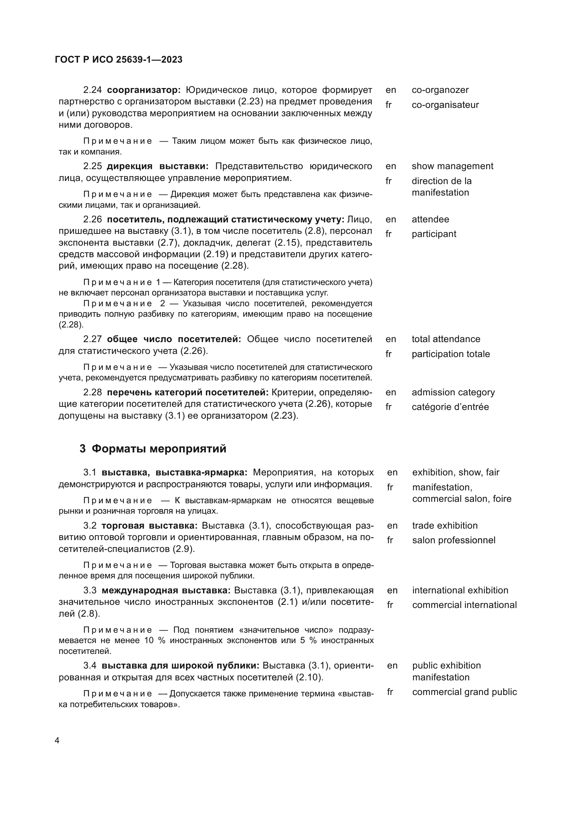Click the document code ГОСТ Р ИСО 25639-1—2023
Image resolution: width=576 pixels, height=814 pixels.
tap(119, 60)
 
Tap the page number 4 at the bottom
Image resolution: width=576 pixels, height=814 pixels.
tap(57, 740)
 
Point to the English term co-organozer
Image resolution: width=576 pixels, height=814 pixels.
tap(440, 90)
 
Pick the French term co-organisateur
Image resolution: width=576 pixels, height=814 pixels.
tap(445, 105)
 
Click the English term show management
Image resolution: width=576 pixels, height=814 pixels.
tap(452, 166)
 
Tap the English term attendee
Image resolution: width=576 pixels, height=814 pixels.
tap(430, 220)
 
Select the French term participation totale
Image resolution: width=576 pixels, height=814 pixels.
tap(450, 354)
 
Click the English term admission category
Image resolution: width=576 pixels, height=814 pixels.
tap(453, 393)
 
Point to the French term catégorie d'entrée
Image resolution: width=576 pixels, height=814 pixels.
tap(450, 407)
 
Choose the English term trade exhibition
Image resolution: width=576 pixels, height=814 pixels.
tap(445, 526)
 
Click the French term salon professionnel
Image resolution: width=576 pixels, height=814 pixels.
tap(454, 540)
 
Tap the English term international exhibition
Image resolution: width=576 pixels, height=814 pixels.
tap(460, 590)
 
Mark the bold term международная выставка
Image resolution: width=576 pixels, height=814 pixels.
tap(166, 590)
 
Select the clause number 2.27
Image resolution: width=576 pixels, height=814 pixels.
tap(93, 339)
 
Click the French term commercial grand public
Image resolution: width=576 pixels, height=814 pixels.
tap(464, 692)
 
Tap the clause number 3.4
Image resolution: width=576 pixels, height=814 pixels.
tap(90, 665)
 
